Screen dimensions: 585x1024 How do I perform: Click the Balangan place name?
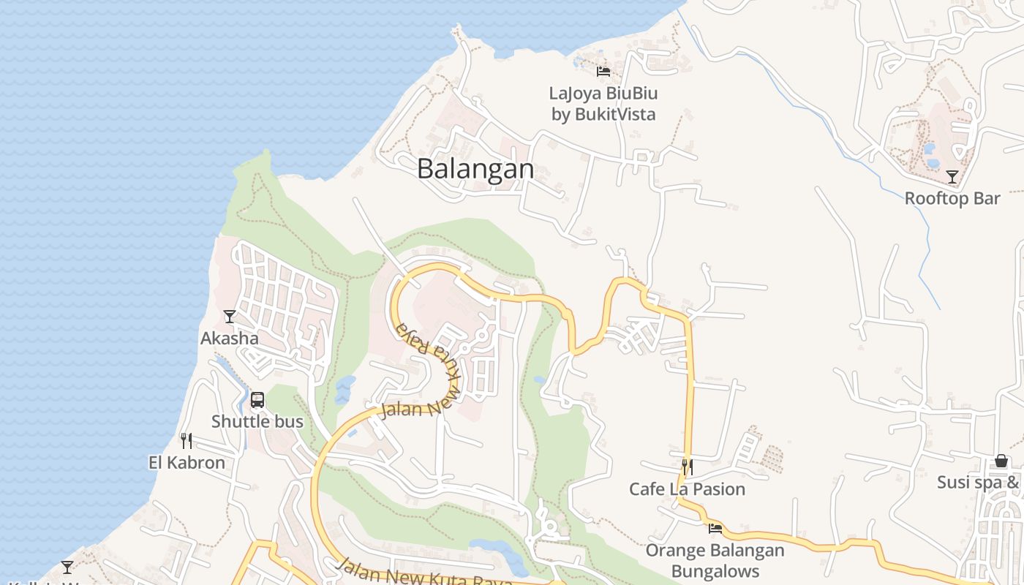(x=475, y=169)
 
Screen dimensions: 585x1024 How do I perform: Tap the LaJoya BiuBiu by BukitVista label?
(x=603, y=104)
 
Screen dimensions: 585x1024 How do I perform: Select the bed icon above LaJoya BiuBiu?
(x=603, y=72)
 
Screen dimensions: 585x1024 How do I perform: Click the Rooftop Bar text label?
(x=952, y=198)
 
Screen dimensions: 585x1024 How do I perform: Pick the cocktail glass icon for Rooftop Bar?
(x=952, y=177)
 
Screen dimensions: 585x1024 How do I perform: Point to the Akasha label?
(x=230, y=338)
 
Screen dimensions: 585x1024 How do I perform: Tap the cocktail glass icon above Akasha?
(x=230, y=317)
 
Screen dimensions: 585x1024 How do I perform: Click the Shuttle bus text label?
(x=257, y=421)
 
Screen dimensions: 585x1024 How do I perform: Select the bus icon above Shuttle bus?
(x=257, y=400)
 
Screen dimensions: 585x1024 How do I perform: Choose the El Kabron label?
(x=187, y=462)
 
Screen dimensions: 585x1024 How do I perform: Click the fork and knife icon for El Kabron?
(x=187, y=441)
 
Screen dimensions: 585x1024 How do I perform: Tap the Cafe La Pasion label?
(x=687, y=488)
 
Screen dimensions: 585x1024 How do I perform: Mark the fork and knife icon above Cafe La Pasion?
(x=687, y=467)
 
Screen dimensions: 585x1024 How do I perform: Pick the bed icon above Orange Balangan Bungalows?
(x=715, y=528)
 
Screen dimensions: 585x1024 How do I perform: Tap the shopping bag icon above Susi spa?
(x=1001, y=461)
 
